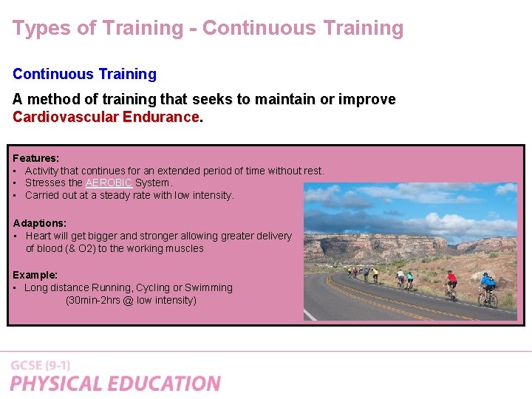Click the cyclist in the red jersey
(x=451, y=284)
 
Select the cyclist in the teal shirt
(x=409, y=279)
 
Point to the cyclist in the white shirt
(x=400, y=278)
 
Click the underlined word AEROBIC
(x=109, y=183)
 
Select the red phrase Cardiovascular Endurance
(x=106, y=117)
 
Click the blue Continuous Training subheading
(x=84, y=74)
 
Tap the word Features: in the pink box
(x=35, y=158)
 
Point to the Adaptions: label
(x=40, y=222)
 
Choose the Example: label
(x=35, y=274)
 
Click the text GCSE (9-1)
(x=41, y=365)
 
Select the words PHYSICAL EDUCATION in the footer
(x=115, y=383)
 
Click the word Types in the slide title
(x=37, y=28)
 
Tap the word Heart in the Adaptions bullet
(x=40, y=236)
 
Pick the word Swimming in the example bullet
(x=210, y=287)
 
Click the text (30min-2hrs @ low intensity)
(x=131, y=300)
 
